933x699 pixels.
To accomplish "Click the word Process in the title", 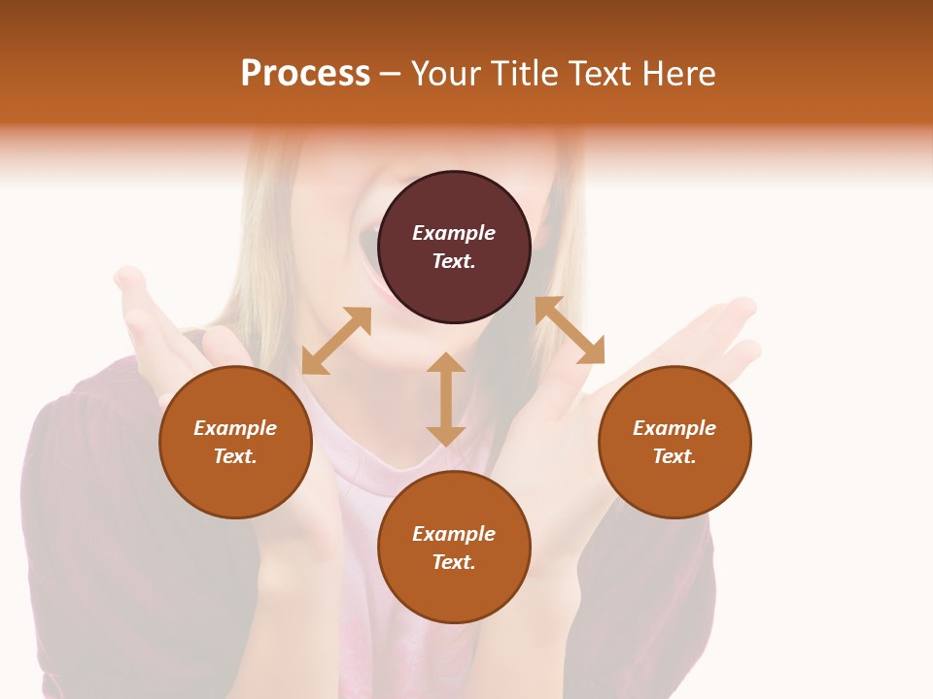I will [305, 74].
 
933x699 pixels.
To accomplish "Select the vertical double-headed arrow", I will [446, 399].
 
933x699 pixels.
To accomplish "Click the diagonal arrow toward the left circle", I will [336, 341].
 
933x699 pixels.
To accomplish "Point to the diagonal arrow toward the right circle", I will [570, 330].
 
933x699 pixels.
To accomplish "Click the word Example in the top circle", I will [454, 233].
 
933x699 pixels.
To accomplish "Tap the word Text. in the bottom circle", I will [454, 562].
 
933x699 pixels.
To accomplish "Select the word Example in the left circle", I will [235, 428].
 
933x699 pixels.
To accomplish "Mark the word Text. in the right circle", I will [674, 456].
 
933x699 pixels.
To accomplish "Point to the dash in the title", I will [391, 74].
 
